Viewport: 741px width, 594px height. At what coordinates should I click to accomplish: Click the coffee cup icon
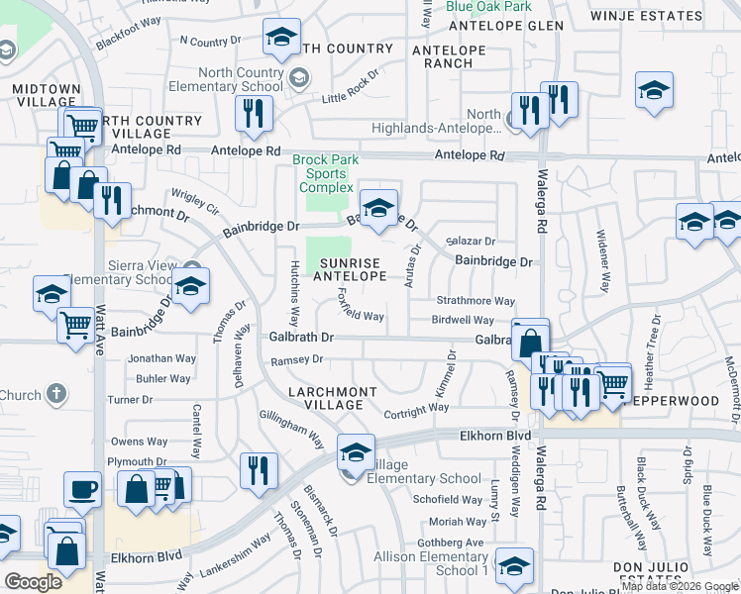coord(82,489)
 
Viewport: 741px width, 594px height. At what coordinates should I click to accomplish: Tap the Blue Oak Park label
coord(489,6)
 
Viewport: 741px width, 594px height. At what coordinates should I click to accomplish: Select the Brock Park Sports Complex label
coord(326,173)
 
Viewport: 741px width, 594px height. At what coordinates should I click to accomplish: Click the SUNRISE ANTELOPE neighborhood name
coord(352,269)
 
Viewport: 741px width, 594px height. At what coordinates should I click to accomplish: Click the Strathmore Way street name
coord(476,301)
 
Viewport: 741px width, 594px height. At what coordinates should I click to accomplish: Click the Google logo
coord(34,582)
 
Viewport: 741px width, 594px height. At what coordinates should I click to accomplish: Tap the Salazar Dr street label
coord(471,242)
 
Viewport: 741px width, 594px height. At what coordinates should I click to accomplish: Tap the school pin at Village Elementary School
coord(356,451)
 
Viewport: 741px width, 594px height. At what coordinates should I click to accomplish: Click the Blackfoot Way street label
coord(129,33)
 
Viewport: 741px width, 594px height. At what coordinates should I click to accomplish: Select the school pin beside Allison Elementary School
coord(514,565)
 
